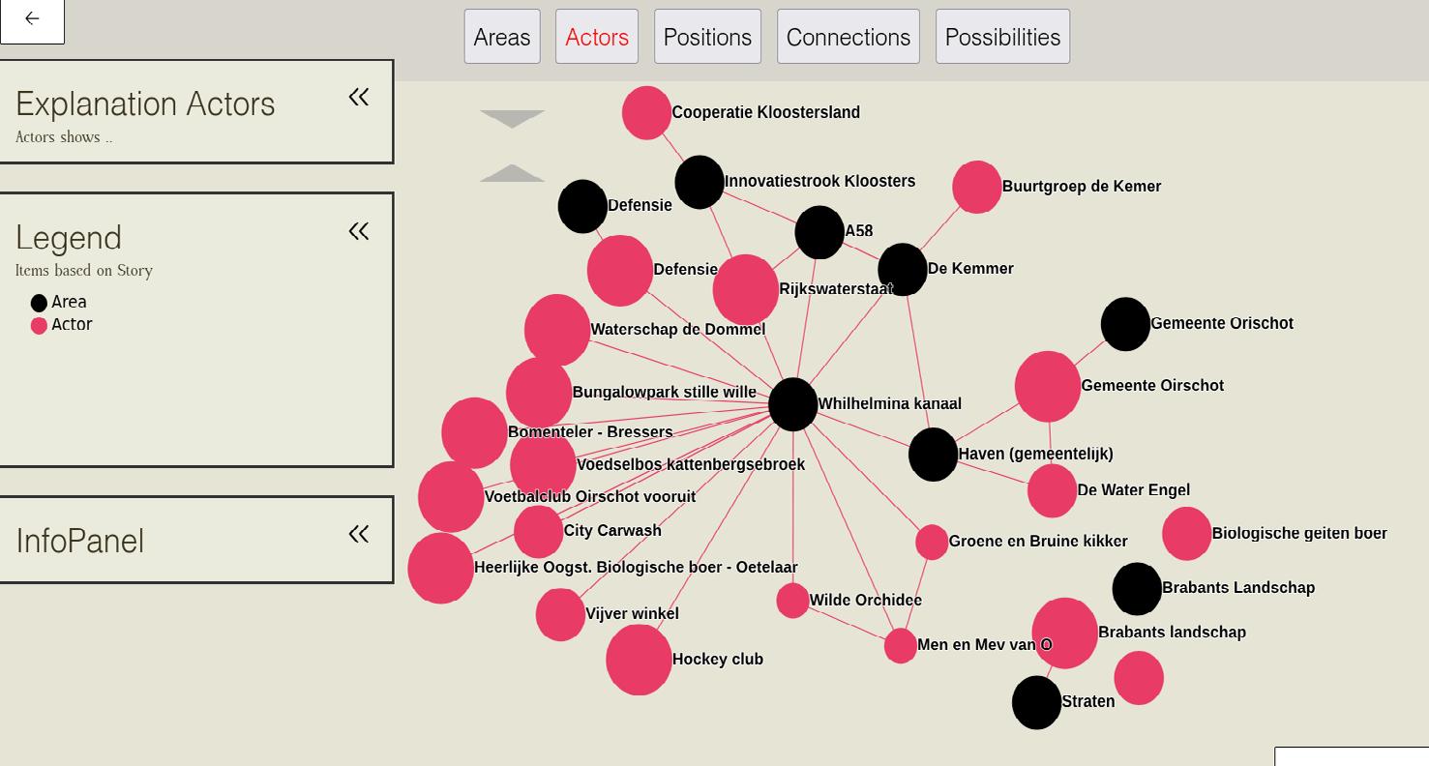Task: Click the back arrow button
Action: click(x=32, y=18)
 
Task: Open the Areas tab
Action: click(x=501, y=37)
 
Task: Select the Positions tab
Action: click(x=707, y=37)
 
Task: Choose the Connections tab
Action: click(x=848, y=37)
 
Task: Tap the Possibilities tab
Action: click(x=1002, y=37)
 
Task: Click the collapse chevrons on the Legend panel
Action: click(x=359, y=231)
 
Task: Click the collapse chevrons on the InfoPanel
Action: click(x=359, y=534)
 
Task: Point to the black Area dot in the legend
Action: click(x=39, y=303)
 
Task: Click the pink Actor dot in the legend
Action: click(x=39, y=326)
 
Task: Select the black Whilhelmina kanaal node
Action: click(x=792, y=404)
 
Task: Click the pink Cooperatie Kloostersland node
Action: click(x=646, y=113)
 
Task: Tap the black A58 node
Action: click(x=819, y=232)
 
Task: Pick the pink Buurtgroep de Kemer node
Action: click(x=976, y=187)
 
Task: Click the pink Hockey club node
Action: click(x=639, y=660)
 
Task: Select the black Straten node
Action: click(x=1036, y=702)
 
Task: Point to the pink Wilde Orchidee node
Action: click(x=792, y=601)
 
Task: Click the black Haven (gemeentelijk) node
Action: click(x=933, y=455)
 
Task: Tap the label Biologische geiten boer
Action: click(x=1298, y=533)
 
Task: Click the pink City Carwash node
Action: click(x=538, y=531)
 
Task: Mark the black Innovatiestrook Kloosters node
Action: click(x=700, y=182)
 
